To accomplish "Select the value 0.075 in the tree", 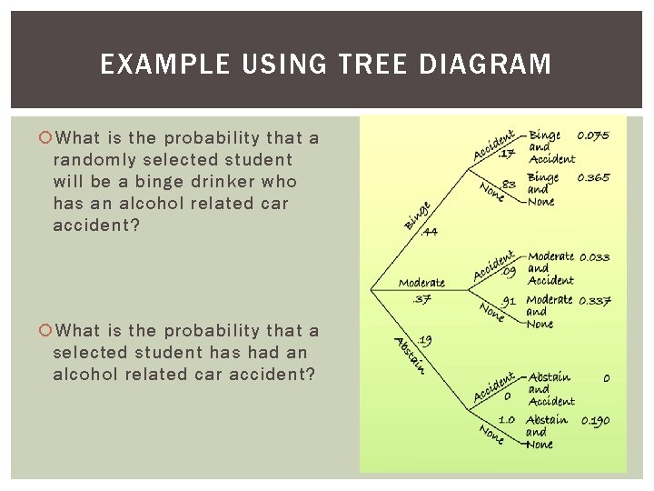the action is tap(593, 136).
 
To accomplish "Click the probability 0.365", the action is tap(593, 178).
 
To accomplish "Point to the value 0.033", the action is tap(594, 257).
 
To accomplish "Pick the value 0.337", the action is tap(594, 300).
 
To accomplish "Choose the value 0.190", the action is tap(595, 420).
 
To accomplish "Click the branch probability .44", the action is tap(430, 232).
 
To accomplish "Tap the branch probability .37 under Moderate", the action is tap(421, 299).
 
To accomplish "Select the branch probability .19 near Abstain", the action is tap(424, 340).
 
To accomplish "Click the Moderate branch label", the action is tap(421, 283).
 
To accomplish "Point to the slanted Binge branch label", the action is tap(417, 215).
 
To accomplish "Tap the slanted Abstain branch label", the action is tap(410, 356).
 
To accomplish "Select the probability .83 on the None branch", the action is tap(509, 185).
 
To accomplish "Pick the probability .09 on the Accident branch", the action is tap(510, 271).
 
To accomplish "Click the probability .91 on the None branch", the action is tap(510, 300).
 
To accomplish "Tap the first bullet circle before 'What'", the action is tap(45, 138).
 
